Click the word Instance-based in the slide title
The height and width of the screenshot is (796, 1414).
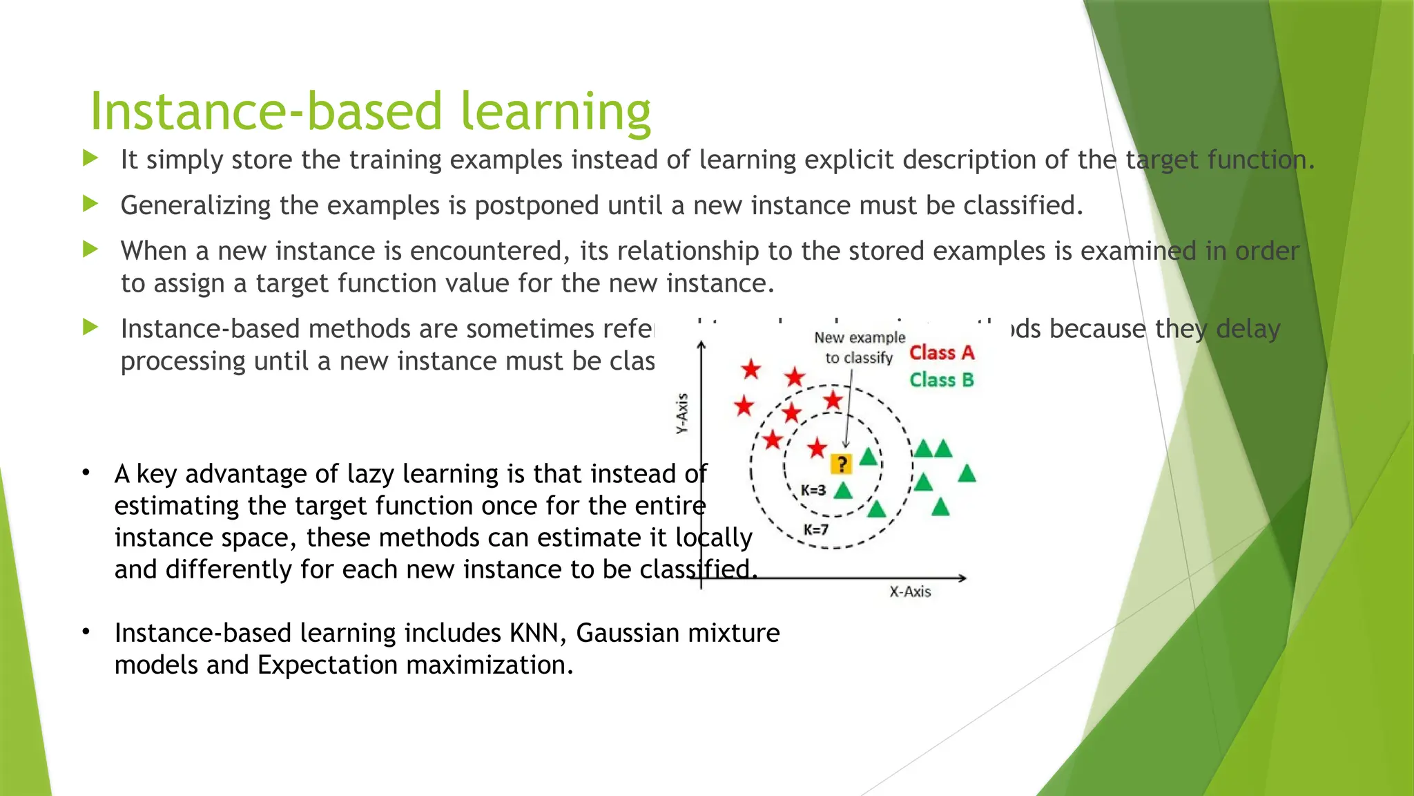[266, 112]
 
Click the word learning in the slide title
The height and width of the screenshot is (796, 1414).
[556, 112]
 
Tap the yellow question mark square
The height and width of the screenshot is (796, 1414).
[841, 464]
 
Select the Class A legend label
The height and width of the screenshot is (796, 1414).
[941, 353]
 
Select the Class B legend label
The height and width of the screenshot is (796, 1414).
[941, 380]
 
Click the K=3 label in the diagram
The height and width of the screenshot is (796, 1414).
[813, 491]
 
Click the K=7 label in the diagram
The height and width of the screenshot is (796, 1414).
[815, 530]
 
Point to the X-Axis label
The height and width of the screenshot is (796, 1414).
[910, 591]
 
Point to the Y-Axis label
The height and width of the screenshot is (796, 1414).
[682, 413]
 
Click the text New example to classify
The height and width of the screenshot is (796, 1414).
[860, 348]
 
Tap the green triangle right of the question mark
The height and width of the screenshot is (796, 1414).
[869, 457]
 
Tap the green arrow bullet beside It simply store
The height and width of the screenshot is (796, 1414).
[90, 158]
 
